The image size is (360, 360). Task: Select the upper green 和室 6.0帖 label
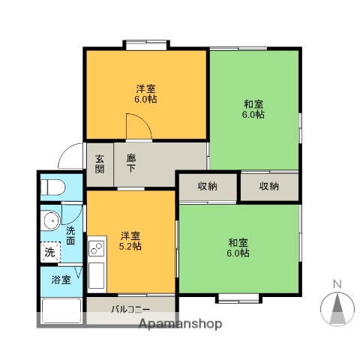tap(253, 109)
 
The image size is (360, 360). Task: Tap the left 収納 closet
tap(208, 186)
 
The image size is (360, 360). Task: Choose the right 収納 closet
tap(269, 186)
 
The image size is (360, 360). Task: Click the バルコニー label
tap(131, 309)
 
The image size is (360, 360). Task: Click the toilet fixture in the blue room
tap(52, 186)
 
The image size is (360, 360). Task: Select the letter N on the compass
tap(337, 283)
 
